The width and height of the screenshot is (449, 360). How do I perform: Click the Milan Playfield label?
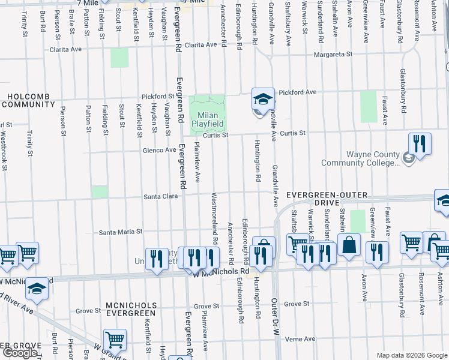click(x=208, y=119)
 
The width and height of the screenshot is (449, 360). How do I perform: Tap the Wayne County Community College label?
click(x=360, y=158)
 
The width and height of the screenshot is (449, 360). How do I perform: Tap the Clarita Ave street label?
click(x=200, y=45)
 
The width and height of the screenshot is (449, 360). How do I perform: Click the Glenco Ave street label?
click(x=160, y=150)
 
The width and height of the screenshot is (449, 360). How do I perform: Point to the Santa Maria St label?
click(x=121, y=231)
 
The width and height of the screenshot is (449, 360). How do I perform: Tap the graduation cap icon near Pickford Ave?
click(x=263, y=98)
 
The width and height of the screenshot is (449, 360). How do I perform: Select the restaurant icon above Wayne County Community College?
click(x=420, y=144)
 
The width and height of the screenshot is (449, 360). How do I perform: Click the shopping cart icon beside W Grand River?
click(x=114, y=340)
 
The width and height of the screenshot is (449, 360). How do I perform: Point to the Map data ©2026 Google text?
click(x=411, y=355)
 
